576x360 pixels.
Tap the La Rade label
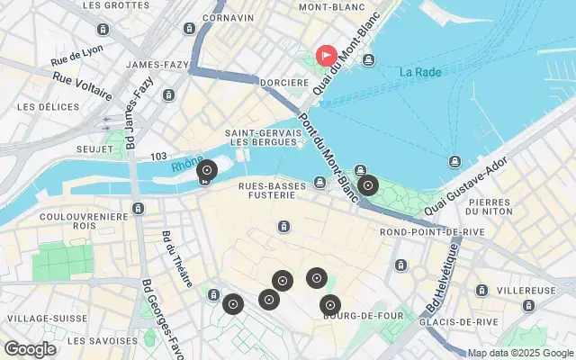click(x=420, y=72)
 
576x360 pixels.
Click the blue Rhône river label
click(x=187, y=165)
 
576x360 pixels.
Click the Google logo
click(x=30, y=349)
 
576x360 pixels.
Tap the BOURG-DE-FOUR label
click(x=355, y=316)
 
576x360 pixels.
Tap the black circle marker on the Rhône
click(x=207, y=169)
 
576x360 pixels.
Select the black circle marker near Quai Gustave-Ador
click(x=367, y=186)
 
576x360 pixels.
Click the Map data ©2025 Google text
click(x=519, y=352)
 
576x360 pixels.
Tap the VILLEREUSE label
click(x=526, y=292)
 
